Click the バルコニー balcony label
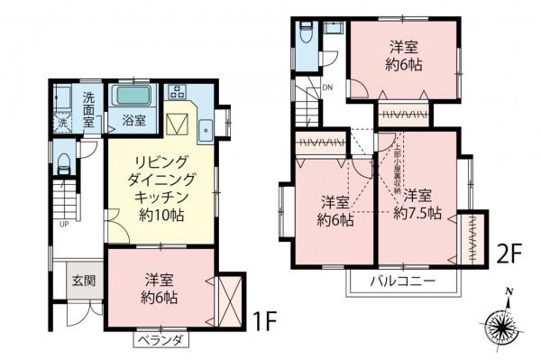[x=404, y=282]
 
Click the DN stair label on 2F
[x=326, y=88]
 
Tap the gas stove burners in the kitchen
[x=176, y=91]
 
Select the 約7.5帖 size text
[x=417, y=214]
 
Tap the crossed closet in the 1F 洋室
[x=229, y=301]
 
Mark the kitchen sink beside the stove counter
[x=206, y=128]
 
